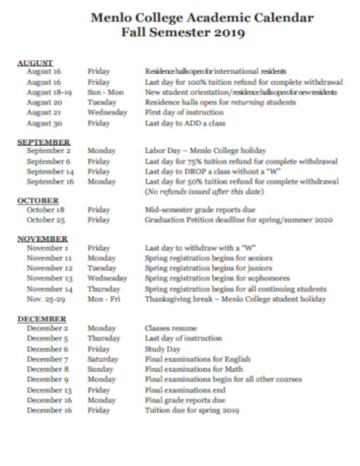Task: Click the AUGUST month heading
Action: pyautogui.click(x=35, y=62)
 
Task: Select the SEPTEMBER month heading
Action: pyautogui.click(x=42, y=140)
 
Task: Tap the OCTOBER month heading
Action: pyautogui.click(x=39, y=200)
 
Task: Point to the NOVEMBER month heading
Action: pyautogui.click(x=42, y=239)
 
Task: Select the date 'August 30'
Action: pyautogui.click(x=43, y=123)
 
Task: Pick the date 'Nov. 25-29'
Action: pyautogui.click(x=46, y=299)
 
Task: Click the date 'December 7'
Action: pyautogui.click(x=46, y=358)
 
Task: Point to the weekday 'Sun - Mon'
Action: pyautogui.click(x=105, y=92)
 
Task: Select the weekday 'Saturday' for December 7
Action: pyautogui.click(x=102, y=358)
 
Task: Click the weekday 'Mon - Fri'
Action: pyautogui.click(x=103, y=299)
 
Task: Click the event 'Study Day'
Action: pyautogui.click(x=161, y=349)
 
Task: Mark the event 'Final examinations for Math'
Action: pyautogui.click(x=188, y=368)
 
